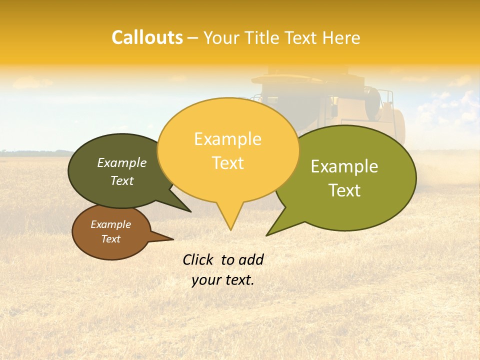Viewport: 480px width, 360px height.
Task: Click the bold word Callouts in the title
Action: coord(147,37)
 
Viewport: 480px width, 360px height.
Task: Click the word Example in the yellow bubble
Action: coord(227,139)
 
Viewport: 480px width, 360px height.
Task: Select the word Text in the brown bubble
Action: coord(111,239)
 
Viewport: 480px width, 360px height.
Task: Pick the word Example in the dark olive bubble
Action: coord(122,162)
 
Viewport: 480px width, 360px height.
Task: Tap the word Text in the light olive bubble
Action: coord(345,190)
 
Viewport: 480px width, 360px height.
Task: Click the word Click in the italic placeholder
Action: coord(198,260)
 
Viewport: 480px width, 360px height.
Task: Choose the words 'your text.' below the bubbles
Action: coord(223,280)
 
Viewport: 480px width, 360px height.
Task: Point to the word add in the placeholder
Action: coord(250,260)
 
